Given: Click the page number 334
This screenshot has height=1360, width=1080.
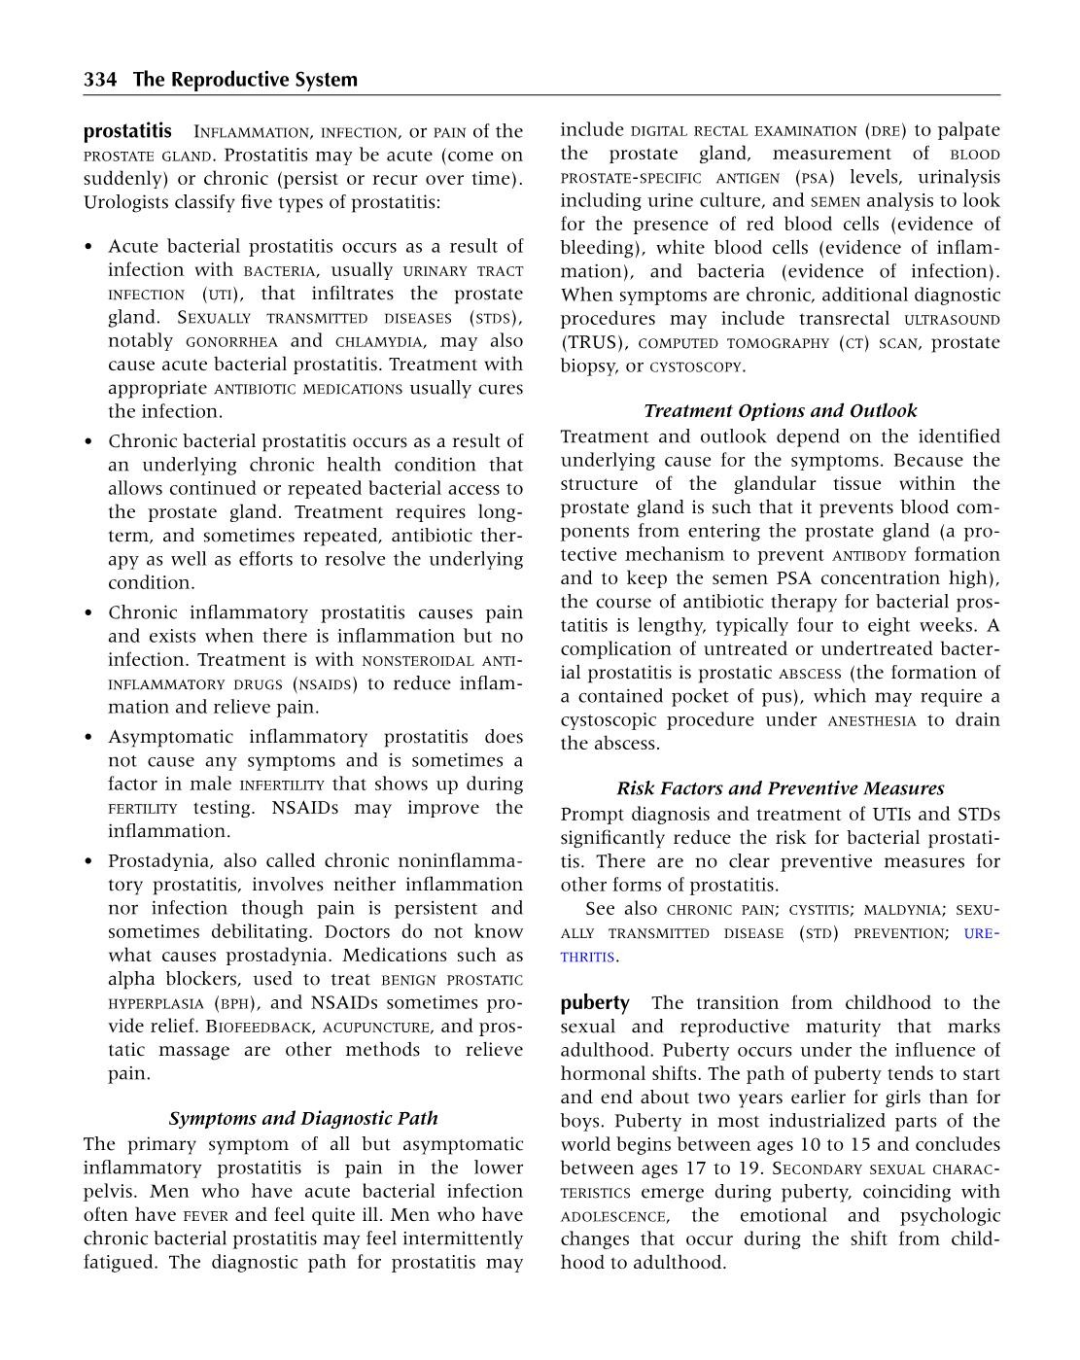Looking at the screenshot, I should (100, 80).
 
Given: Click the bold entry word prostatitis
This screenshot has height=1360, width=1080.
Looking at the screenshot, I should (127, 130).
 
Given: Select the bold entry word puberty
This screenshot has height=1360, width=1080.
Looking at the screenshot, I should (595, 1002).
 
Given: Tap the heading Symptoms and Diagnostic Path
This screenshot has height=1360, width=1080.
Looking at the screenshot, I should (303, 1118).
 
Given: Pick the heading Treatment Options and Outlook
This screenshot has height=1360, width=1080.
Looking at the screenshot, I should (780, 410).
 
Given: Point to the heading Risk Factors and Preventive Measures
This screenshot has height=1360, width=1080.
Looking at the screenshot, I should (780, 787).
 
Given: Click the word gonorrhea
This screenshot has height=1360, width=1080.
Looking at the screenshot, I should (231, 341).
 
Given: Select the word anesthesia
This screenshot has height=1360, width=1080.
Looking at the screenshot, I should (872, 720).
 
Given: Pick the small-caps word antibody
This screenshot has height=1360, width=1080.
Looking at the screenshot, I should (869, 555).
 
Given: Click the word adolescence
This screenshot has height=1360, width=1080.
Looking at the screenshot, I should (613, 1216).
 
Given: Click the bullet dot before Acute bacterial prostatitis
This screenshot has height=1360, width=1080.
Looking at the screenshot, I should (89, 247).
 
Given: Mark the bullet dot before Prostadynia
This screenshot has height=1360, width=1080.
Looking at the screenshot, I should (89, 861).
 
